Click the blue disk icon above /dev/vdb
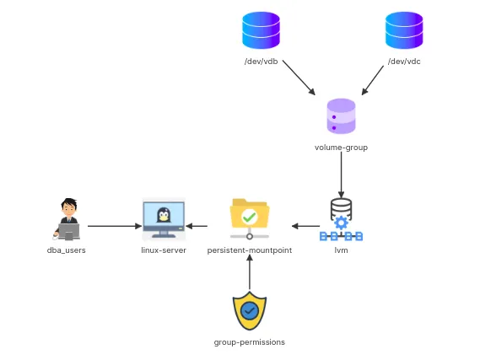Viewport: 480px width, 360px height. click(x=261, y=30)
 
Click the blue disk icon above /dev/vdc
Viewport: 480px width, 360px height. click(x=404, y=30)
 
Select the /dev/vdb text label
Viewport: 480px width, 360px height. click(x=261, y=62)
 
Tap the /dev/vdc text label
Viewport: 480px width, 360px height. click(x=404, y=62)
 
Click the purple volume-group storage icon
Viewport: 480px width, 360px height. click(x=341, y=116)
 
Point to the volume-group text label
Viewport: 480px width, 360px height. click(x=341, y=147)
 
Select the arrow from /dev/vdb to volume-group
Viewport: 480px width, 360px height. click(x=298, y=78)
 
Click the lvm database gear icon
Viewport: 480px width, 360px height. click(x=341, y=219)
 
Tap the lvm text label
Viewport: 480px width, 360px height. click(x=341, y=250)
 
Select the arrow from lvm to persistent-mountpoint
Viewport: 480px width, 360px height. click(x=305, y=226)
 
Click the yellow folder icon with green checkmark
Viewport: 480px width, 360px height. click(x=249, y=215)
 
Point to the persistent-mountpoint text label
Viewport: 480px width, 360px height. click(x=250, y=250)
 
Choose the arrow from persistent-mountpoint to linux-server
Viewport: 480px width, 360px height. click(x=198, y=226)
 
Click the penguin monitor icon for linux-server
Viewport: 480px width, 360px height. click(x=164, y=218)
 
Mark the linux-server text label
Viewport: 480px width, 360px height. click(x=164, y=250)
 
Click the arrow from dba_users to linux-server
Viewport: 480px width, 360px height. click(x=113, y=226)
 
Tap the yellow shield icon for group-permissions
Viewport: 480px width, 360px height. click(x=249, y=311)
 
